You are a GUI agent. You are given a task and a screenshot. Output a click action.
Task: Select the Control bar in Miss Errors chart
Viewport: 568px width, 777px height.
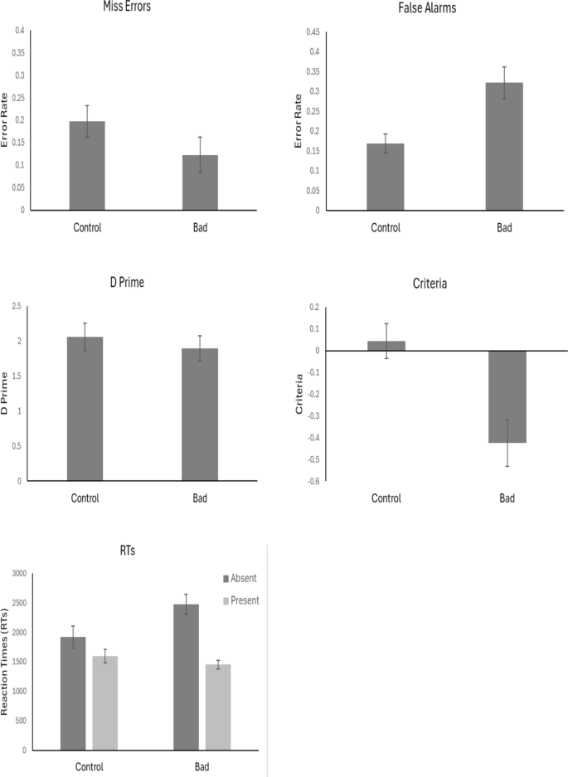[x=87, y=166]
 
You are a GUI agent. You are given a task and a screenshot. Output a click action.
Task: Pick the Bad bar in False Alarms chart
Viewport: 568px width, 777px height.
[x=504, y=146]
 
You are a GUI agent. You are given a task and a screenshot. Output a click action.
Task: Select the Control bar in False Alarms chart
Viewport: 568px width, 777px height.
[x=386, y=177]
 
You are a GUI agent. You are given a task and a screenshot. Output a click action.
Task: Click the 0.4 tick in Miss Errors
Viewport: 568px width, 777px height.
[x=18, y=31]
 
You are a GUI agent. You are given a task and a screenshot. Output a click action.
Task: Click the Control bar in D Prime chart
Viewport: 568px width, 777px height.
[x=85, y=408]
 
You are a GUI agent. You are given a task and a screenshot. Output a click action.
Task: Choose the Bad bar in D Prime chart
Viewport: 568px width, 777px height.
[x=200, y=414]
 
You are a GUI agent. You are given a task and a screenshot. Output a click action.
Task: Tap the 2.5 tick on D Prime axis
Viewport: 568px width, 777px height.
[x=17, y=307]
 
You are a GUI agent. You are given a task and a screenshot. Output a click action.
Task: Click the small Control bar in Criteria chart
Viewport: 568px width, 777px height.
[x=386, y=346]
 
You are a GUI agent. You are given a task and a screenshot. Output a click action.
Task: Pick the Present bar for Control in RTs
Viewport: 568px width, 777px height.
[x=104, y=703]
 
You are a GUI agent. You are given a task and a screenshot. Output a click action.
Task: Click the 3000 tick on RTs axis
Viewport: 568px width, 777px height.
[x=16, y=573]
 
